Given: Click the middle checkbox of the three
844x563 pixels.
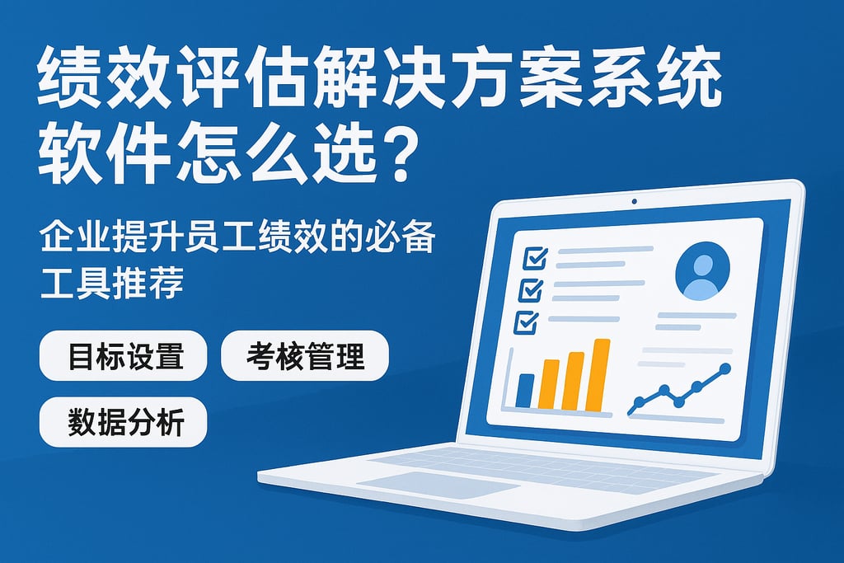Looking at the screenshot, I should [529, 289].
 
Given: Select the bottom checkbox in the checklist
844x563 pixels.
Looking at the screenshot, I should [526, 321].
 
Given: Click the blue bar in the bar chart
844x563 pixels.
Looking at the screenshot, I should [524, 391].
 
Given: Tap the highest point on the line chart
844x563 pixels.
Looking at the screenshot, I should [725, 368].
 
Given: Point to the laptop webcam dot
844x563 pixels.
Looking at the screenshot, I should [634, 202].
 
